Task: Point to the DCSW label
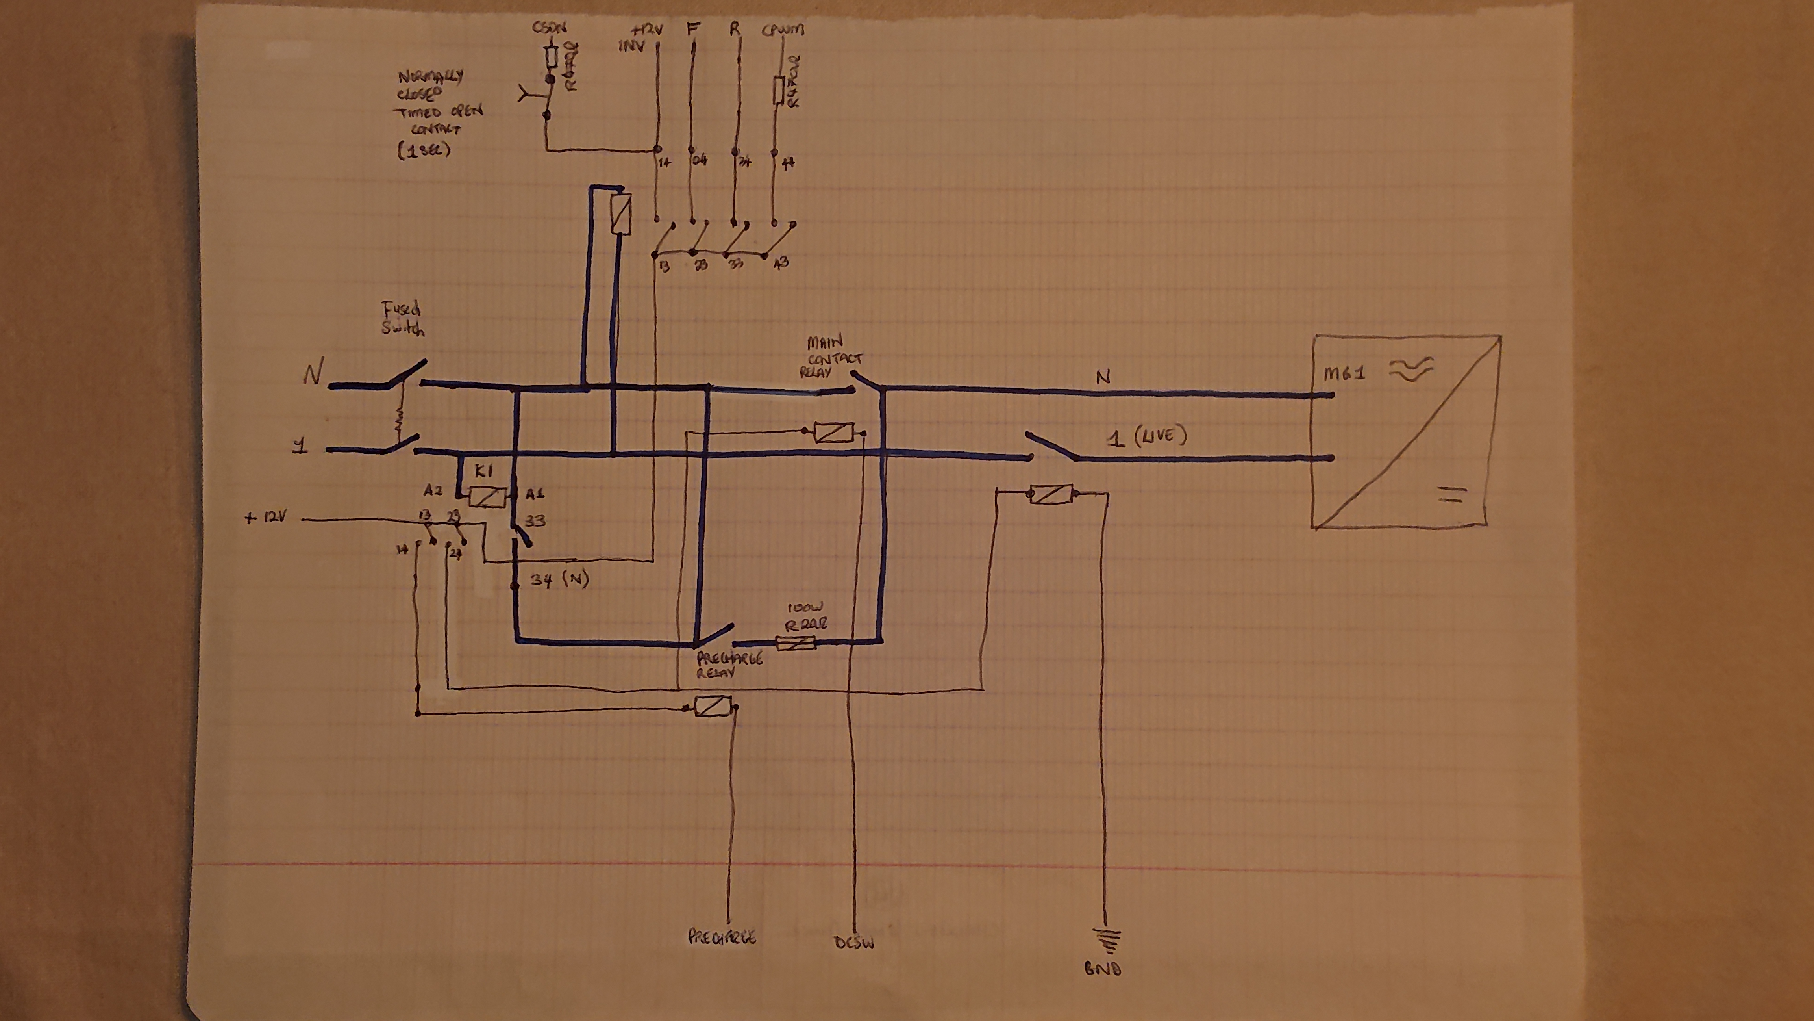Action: (853, 943)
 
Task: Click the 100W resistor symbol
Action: (796, 642)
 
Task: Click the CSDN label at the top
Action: (549, 29)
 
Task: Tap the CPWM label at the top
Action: (783, 30)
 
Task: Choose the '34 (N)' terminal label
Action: (559, 581)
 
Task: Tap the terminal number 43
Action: (781, 263)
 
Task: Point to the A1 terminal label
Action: (535, 494)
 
